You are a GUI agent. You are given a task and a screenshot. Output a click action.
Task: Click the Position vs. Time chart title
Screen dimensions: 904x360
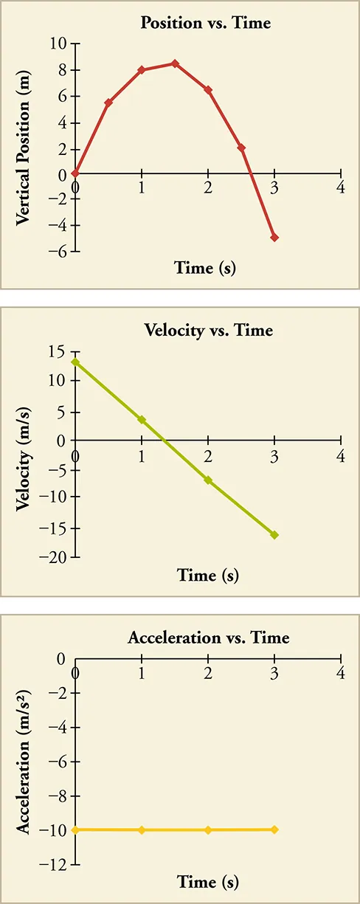[206, 23]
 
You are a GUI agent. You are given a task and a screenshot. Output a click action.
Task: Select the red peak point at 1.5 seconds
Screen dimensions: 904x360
[175, 63]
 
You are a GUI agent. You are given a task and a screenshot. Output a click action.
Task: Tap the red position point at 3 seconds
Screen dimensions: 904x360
[274, 238]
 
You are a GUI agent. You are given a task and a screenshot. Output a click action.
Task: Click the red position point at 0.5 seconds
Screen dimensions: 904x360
[108, 103]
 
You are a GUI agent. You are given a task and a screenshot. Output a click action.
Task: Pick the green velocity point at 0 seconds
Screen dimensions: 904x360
[75, 362]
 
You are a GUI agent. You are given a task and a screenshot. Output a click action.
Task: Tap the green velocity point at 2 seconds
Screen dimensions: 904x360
[208, 480]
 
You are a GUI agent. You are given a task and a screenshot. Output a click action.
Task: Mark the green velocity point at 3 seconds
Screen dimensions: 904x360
[274, 535]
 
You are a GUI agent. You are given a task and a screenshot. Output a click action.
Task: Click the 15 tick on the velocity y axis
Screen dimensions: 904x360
[58, 351]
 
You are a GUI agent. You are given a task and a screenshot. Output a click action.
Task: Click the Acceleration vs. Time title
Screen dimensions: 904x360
[208, 637]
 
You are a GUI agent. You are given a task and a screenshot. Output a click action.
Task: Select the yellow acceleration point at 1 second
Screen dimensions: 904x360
[142, 830]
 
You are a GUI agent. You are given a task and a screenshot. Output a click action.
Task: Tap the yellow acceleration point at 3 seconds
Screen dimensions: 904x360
[274, 829]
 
